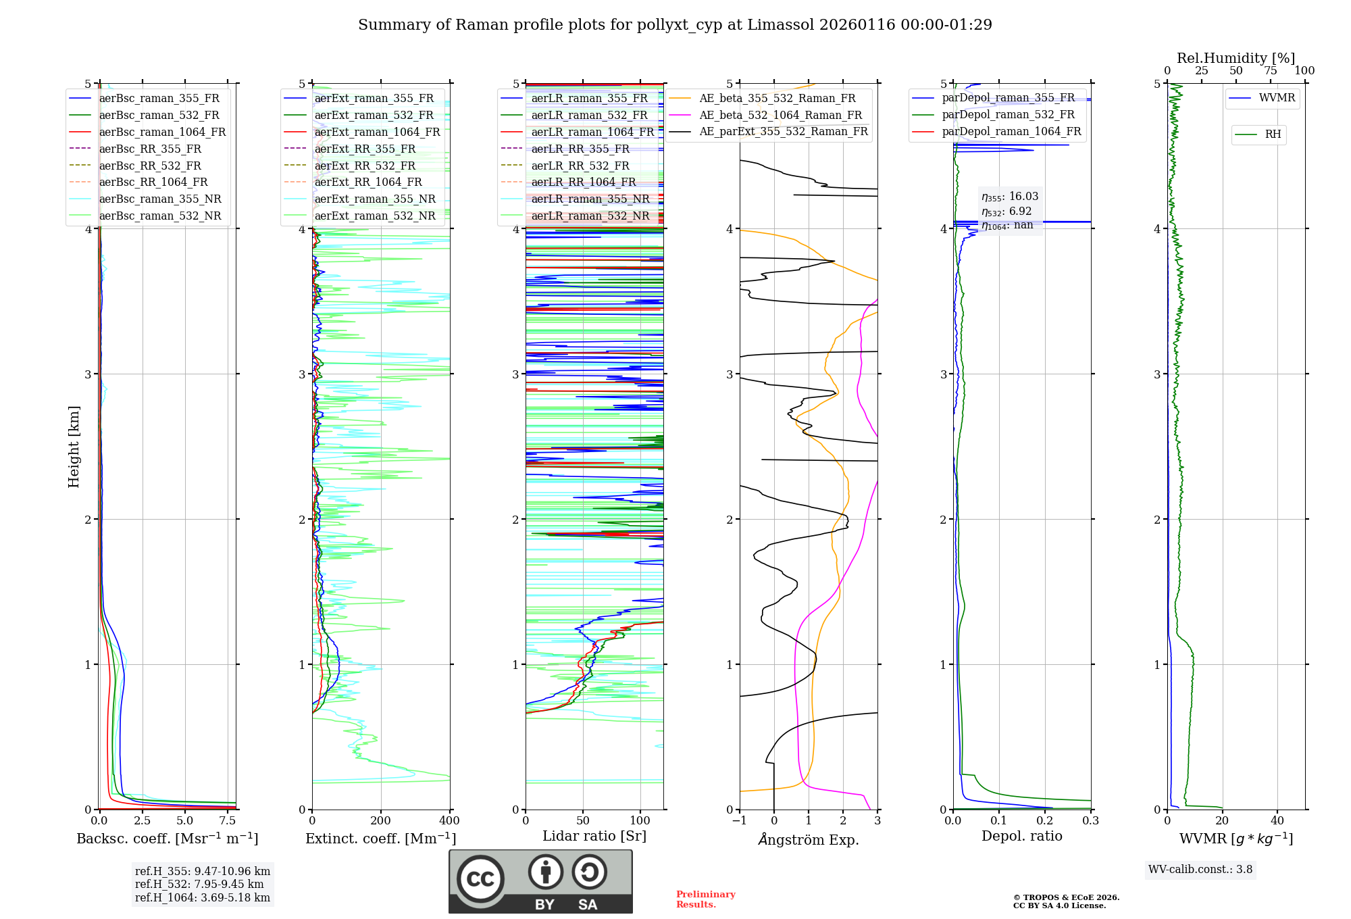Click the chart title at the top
pos(675,25)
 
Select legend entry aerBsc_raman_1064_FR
pos(162,132)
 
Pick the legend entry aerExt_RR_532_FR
pos(365,166)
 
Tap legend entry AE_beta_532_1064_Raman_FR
pos(780,115)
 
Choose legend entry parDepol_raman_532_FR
pos(1008,114)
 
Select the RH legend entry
pos(1273,134)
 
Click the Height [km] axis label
pos(74,446)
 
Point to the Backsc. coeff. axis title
pos(167,839)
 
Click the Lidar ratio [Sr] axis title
pos(594,836)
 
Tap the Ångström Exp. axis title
pos(809,839)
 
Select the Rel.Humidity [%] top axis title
pos(1235,58)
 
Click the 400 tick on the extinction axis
pos(449,821)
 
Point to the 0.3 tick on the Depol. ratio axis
pos(1090,821)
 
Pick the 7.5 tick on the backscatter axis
pos(228,821)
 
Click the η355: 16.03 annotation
pos(1010,197)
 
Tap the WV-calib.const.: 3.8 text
pos(1200,870)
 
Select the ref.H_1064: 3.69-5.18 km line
pos(202,898)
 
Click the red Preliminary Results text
pos(705,899)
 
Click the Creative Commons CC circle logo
pos(480,879)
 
